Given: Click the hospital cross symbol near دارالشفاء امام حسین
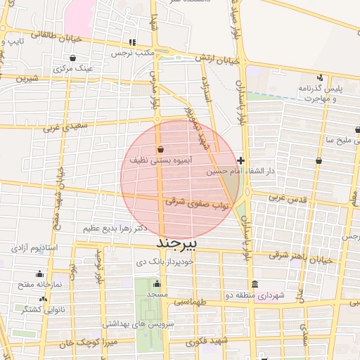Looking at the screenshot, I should coord(241,161).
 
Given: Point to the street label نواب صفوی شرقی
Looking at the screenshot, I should coord(198,202).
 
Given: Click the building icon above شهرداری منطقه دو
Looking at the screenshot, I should coord(254,285).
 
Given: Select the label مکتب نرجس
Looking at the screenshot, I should coord(136,53).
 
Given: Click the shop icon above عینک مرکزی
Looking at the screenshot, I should coord(75,58).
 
